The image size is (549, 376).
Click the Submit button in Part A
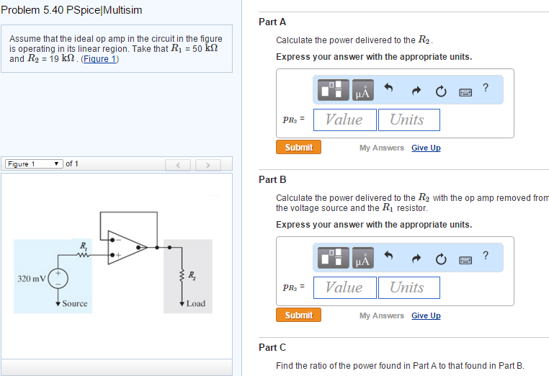click(298, 147)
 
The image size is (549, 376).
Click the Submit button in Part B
click(298, 315)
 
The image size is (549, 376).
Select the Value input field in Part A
click(344, 120)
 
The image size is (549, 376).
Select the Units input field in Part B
click(409, 287)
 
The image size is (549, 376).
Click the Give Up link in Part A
click(426, 148)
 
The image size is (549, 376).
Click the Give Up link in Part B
click(426, 315)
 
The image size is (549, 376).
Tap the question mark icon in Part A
click(486, 87)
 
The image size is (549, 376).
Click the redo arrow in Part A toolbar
click(416, 90)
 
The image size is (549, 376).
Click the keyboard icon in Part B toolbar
click(465, 258)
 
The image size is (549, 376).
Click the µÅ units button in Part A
click(362, 90)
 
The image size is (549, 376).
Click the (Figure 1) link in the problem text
click(99, 59)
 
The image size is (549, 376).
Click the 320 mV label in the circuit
click(31, 278)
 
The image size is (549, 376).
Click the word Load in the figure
click(195, 303)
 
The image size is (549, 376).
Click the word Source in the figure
click(75, 303)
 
